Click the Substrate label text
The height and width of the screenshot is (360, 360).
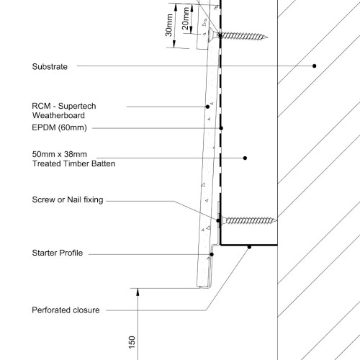coord(50,66)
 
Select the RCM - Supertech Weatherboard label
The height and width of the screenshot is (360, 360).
coord(64,111)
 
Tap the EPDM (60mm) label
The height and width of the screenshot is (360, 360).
coord(59,127)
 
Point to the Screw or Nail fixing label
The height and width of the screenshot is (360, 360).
coord(68,199)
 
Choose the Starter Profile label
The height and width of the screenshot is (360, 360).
coord(58,253)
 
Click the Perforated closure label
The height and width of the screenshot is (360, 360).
coord(66,310)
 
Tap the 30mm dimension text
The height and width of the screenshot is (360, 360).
coord(169,25)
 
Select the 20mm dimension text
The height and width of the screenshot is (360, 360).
coord(186,19)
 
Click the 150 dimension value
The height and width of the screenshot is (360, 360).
coord(132,343)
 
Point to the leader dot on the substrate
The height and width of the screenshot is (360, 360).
coord(315,66)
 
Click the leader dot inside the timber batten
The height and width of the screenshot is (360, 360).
coord(245,158)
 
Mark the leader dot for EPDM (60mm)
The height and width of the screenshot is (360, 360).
coord(221,128)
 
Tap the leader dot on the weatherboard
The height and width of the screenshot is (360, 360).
coord(207,107)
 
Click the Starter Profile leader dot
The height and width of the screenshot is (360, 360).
coord(212,254)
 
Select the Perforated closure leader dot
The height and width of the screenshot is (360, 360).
coord(249,247)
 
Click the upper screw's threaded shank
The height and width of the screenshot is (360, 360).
coord(243,36)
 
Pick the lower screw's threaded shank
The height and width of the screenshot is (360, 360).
coord(251,220)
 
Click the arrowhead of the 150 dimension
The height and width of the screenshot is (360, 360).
coord(138,292)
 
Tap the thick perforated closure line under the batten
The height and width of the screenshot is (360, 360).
coord(249,245)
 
